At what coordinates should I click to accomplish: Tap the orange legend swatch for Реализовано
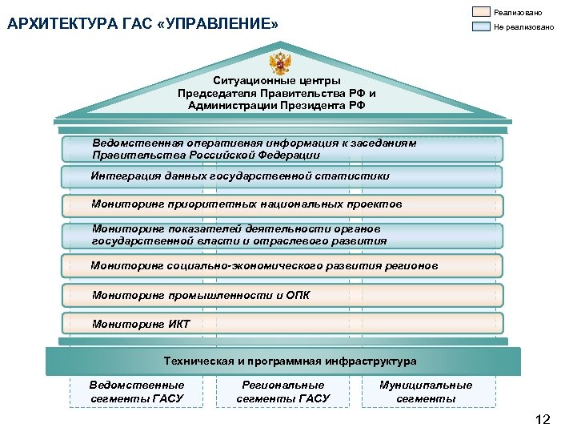(482, 12)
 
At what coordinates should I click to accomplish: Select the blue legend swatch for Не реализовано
(482, 26)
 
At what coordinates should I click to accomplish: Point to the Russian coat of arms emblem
(279, 63)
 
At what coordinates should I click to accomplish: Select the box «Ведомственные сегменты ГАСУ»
(137, 391)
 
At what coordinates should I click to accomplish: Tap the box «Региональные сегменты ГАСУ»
(283, 391)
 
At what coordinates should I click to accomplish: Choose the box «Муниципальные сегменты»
(426, 391)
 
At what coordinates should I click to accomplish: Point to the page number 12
(543, 415)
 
